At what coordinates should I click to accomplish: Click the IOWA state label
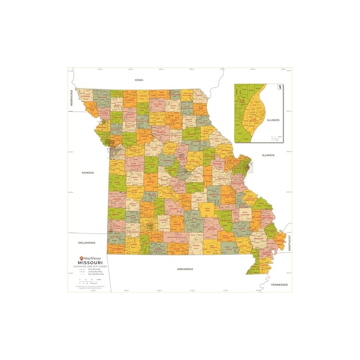coord(139,80)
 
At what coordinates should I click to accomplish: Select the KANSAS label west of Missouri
coord(88,172)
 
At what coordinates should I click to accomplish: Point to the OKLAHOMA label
coord(86,243)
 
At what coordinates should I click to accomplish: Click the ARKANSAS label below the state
coord(184,269)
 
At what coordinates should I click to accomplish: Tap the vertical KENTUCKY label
coord(291,243)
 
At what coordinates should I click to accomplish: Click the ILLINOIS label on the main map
coord(268,155)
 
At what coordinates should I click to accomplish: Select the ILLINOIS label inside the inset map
coord(273,120)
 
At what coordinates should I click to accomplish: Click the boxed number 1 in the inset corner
coord(279,87)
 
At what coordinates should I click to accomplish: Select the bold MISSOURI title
coord(90,263)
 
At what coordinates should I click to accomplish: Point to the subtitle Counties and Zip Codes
coord(90,267)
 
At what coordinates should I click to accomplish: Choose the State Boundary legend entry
coord(90,270)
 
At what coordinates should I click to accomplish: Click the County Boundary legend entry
coord(90,272)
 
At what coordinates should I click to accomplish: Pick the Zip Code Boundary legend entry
coord(90,274)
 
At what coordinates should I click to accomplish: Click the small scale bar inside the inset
coord(276,138)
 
